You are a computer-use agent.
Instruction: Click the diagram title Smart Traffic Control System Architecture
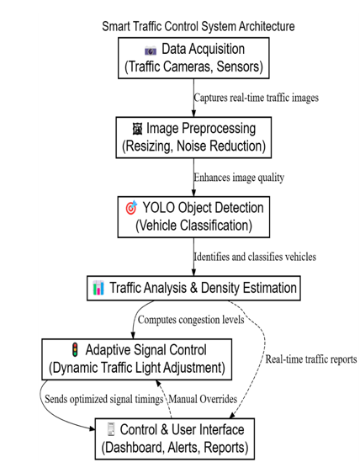click(x=199, y=27)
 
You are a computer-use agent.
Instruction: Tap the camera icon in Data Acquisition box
click(x=151, y=50)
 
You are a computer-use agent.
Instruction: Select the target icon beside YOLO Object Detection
click(x=131, y=208)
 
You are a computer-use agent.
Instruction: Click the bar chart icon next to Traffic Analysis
click(x=98, y=288)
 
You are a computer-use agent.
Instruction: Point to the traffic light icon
click(x=75, y=349)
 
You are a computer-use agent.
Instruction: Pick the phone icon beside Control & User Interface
click(x=111, y=429)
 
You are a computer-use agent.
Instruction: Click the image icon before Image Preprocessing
click(x=137, y=129)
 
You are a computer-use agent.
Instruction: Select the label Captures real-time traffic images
click(x=256, y=98)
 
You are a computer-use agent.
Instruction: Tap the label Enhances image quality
click(x=239, y=178)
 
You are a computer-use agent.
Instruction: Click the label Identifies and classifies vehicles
click(x=255, y=257)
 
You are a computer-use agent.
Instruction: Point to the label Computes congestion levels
click(x=191, y=320)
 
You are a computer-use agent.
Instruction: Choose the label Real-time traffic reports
click(x=311, y=359)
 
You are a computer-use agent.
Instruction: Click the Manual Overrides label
click(x=203, y=399)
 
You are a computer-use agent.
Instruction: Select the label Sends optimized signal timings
click(x=103, y=399)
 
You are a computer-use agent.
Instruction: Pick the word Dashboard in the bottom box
click(x=135, y=448)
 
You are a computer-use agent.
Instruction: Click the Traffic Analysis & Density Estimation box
click(x=193, y=288)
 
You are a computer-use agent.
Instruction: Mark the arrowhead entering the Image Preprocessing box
click(x=193, y=113)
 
